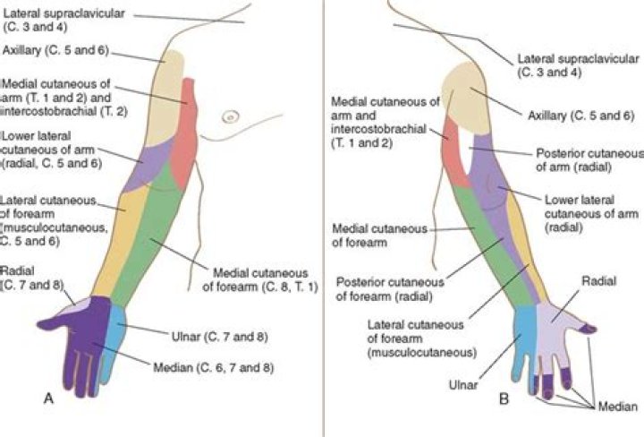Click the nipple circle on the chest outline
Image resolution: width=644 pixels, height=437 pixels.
[x=231, y=115]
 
